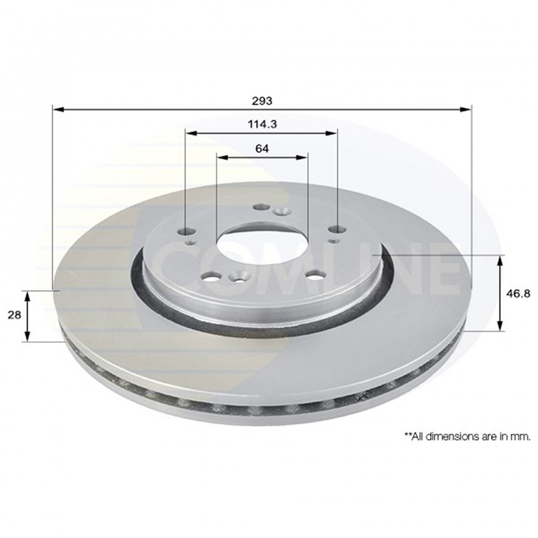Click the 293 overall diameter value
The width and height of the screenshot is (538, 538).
[262, 101]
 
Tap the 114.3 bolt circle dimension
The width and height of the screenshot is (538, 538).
[262, 124]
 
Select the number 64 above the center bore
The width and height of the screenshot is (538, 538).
[262, 148]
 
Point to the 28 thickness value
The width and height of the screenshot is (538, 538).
[15, 315]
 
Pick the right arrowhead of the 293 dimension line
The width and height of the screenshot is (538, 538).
[465, 109]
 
